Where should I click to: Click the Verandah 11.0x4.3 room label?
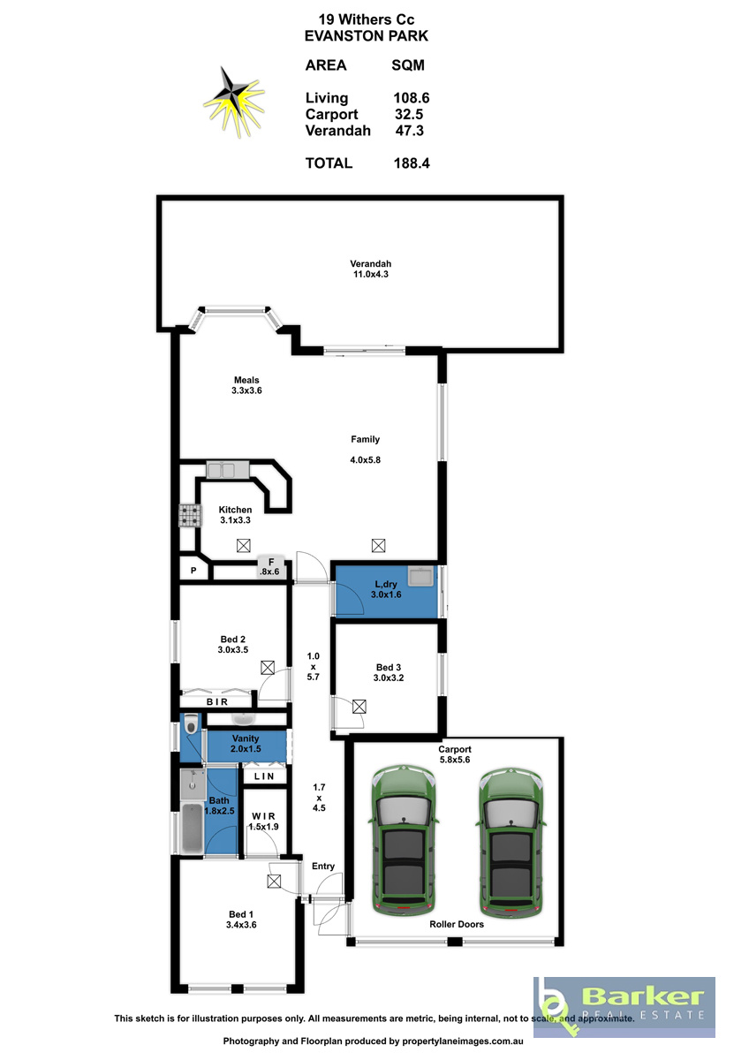(370, 269)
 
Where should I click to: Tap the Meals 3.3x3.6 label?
(246, 385)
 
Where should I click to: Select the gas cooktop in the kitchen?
(190, 515)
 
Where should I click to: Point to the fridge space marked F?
(270, 566)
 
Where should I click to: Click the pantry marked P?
(193, 571)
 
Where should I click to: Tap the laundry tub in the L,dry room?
(420, 577)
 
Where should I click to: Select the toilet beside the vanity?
(191, 723)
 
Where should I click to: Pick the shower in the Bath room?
(192, 784)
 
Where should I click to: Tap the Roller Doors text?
(457, 924)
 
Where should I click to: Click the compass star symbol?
(234, 102)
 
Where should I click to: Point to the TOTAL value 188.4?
(412, 163)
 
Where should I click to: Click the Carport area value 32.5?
(409, 114)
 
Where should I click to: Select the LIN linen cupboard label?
(264, 776)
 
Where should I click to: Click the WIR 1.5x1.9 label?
(263, 821)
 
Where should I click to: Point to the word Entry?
(323, 866)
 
